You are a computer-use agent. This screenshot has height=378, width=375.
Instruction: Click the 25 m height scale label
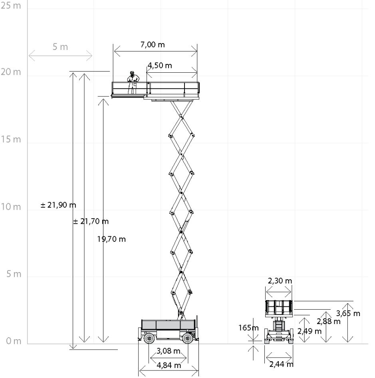coord(11,6)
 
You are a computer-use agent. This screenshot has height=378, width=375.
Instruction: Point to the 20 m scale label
coord(11,72)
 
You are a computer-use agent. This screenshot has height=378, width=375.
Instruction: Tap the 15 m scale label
coord(11,139)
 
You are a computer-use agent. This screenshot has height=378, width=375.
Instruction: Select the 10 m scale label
coord(11,207)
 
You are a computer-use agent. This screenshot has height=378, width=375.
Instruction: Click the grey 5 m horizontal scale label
coord(60,47)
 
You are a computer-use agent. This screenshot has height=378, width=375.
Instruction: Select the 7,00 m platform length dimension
coord(153,45)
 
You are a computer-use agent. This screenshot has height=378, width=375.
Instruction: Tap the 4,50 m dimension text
coord(160,66)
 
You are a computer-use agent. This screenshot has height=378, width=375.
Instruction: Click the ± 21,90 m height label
coord(58,205)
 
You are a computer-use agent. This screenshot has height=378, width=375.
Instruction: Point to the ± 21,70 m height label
coord(91,221)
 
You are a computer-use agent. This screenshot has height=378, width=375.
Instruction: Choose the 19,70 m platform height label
coord(111,239)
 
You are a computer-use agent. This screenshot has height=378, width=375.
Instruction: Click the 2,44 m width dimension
coord(282,364)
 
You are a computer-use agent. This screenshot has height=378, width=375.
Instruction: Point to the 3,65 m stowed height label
coord(348,313)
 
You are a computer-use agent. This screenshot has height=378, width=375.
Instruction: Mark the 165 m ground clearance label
coord(248,328)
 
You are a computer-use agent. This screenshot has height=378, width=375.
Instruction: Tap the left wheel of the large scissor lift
coord(149,338)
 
